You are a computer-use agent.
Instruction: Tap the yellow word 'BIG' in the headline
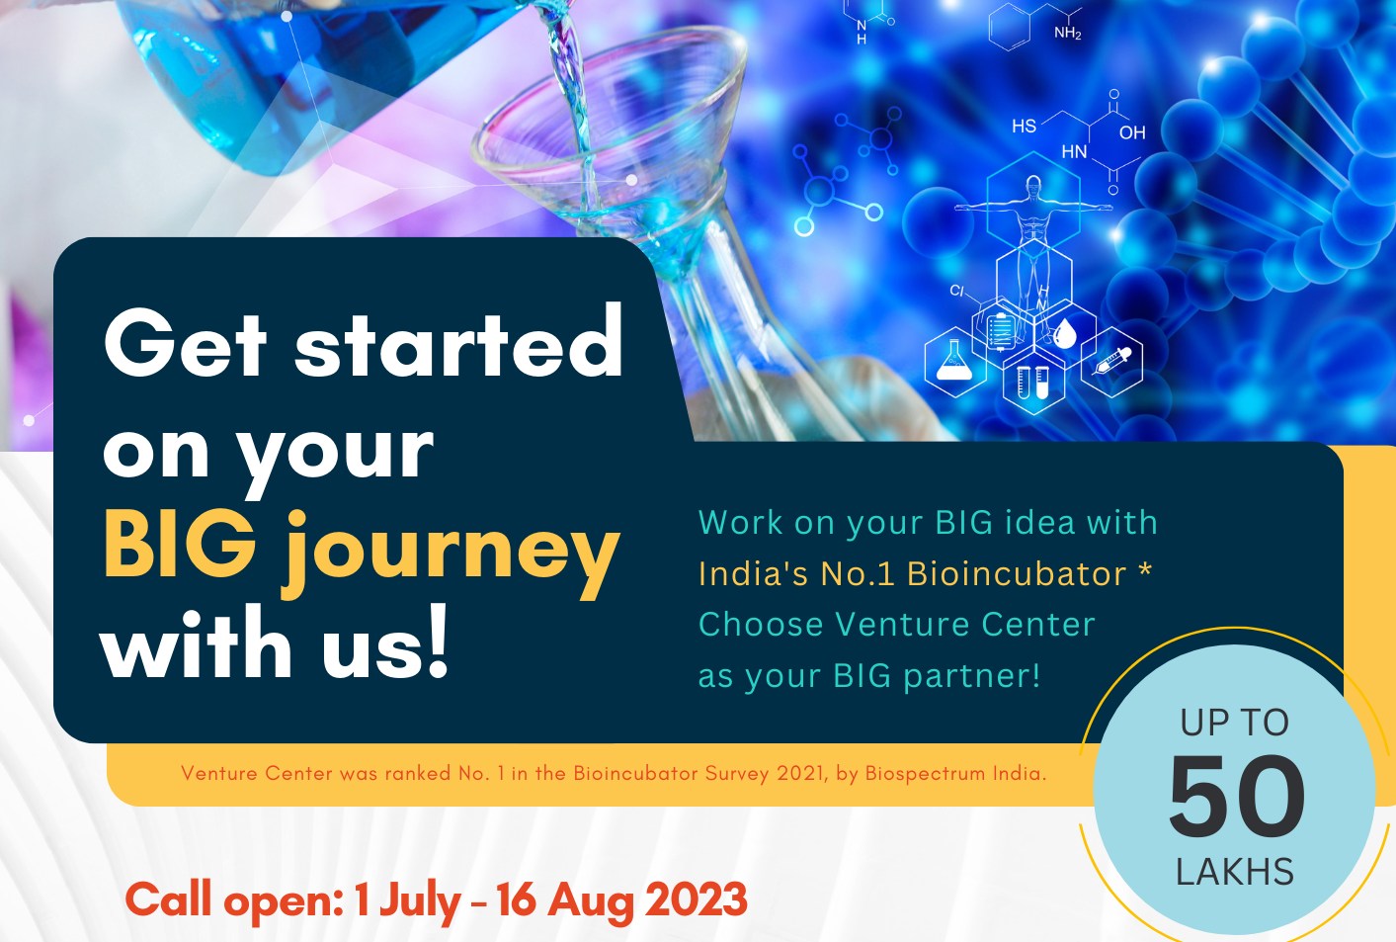pyautogui.click(x=180, y=546)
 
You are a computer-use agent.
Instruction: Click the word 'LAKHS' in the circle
pyautogui.click(x=1235, y=872)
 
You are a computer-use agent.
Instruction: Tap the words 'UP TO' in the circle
pyautogui.click(x=1235, y=723)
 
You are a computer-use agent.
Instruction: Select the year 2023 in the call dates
pyautogui.click(x=696, y=899)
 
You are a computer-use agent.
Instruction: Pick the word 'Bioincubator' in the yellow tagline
pyautogui.click(x=1017, y=573)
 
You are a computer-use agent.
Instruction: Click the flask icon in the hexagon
pyautogui.click(x=953, y=361)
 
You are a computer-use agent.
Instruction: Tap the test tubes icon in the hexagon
pyautogui.click(x=1032, y=383)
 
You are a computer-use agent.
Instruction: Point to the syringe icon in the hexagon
pyautogui.click(x=1112, y=361)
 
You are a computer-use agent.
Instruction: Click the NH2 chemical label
pyautogui.click(x=1068, y=33)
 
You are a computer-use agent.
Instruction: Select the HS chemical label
pyautogui.click(x=1024, y=126)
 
